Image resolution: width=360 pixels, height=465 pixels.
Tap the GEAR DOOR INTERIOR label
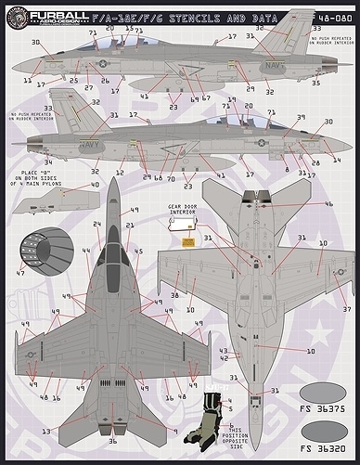pyautogui.click(x=181, y=213)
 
